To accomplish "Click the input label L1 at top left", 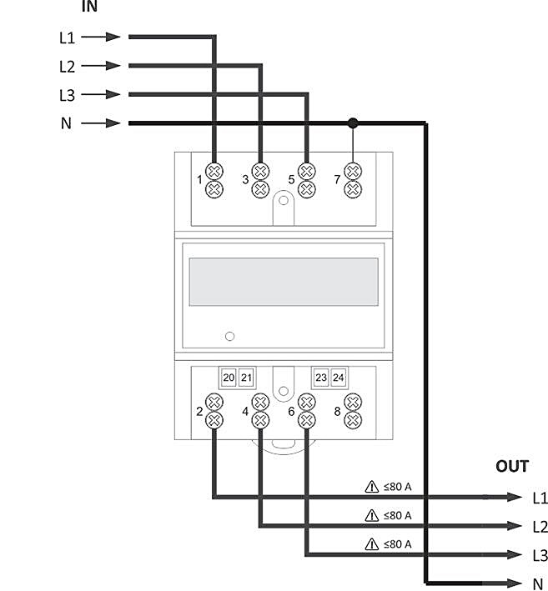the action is (x=67, y=38).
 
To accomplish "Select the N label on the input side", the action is (x=66, y=123).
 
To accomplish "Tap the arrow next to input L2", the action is (x=101, y=66).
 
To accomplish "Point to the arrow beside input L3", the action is (x=101, y=94).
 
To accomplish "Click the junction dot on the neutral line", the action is (x=353, y=123).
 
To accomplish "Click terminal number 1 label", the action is (x=199, y=180).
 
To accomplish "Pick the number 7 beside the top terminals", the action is (x=337, y=180).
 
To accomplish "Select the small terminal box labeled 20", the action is (x=229, y=378).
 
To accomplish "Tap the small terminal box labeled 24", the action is (x=339, y=378).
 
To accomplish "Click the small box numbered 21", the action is (x=247, y=378).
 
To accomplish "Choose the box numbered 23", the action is (x=321, y=378).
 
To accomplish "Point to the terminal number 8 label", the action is (x=337, y=411).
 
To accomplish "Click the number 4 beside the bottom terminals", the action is (x=245, y=411).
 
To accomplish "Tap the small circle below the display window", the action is (x=229, y=336).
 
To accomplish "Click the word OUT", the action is (x=512, y=466).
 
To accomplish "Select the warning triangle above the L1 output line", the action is (x=372, y=487).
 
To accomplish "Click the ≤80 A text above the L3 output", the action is (x=397, y=543).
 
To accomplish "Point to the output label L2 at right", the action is (x=540, y=527).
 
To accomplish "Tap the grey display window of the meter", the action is (x=284, y=282).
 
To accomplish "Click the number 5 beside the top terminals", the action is (x=291, y=180).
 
